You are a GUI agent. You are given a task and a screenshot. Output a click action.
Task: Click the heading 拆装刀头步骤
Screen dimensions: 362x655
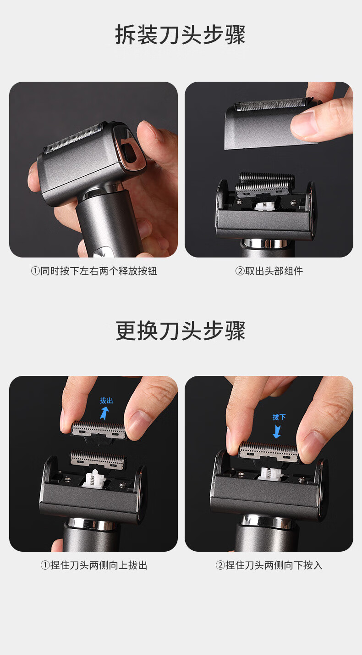coord(180,34)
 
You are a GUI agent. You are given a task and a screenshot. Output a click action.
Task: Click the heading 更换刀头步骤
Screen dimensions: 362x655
coord(180,330)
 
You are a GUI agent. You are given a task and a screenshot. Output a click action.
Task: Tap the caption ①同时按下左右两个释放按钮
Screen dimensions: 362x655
coord(94,271)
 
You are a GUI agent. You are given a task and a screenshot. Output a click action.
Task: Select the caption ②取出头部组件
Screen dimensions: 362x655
coord(269,271)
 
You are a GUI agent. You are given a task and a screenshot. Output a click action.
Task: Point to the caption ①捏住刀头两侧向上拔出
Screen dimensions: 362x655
coord(94,565)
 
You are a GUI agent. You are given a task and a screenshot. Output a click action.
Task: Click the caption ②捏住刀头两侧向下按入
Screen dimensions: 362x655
coord(269,565)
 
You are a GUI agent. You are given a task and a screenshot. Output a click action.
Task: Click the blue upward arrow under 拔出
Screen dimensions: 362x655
coord(104,414)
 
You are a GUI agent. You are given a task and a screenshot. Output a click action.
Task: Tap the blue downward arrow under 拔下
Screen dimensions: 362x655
coord(276,431)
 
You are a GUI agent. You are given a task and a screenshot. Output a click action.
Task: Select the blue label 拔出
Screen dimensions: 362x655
coord(106,400)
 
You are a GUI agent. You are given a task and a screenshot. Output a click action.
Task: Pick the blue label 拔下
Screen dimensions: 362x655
coord(279,417)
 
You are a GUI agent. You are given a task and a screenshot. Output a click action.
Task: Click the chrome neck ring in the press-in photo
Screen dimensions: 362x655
coord(267,521)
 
